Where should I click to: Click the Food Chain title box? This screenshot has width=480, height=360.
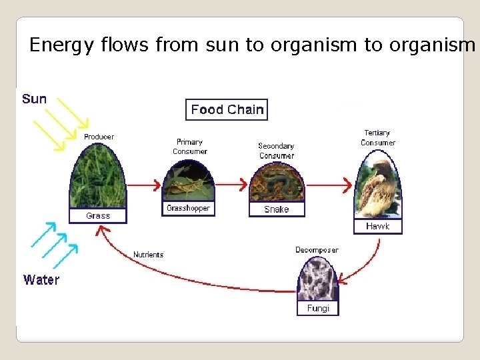(227, 109)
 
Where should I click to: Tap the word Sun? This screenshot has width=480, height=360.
(35, 99)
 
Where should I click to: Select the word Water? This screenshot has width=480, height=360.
(41, 280)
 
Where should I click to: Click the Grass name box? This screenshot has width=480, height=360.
(98, 216)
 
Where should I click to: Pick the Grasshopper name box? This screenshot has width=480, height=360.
(188, 209)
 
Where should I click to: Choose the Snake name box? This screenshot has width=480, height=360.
(276, 209)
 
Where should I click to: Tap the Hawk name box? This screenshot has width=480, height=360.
(377, 227)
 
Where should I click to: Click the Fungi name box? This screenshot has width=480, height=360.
(318, 309)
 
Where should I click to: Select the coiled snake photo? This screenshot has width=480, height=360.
(276, 181)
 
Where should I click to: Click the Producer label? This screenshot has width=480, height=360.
(99, 137)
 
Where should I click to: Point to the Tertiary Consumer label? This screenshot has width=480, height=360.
(378, 138)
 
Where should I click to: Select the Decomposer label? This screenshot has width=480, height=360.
(317, 250)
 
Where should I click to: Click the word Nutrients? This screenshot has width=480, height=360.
(148, 255)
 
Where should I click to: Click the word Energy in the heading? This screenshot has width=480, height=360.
(56, 45)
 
